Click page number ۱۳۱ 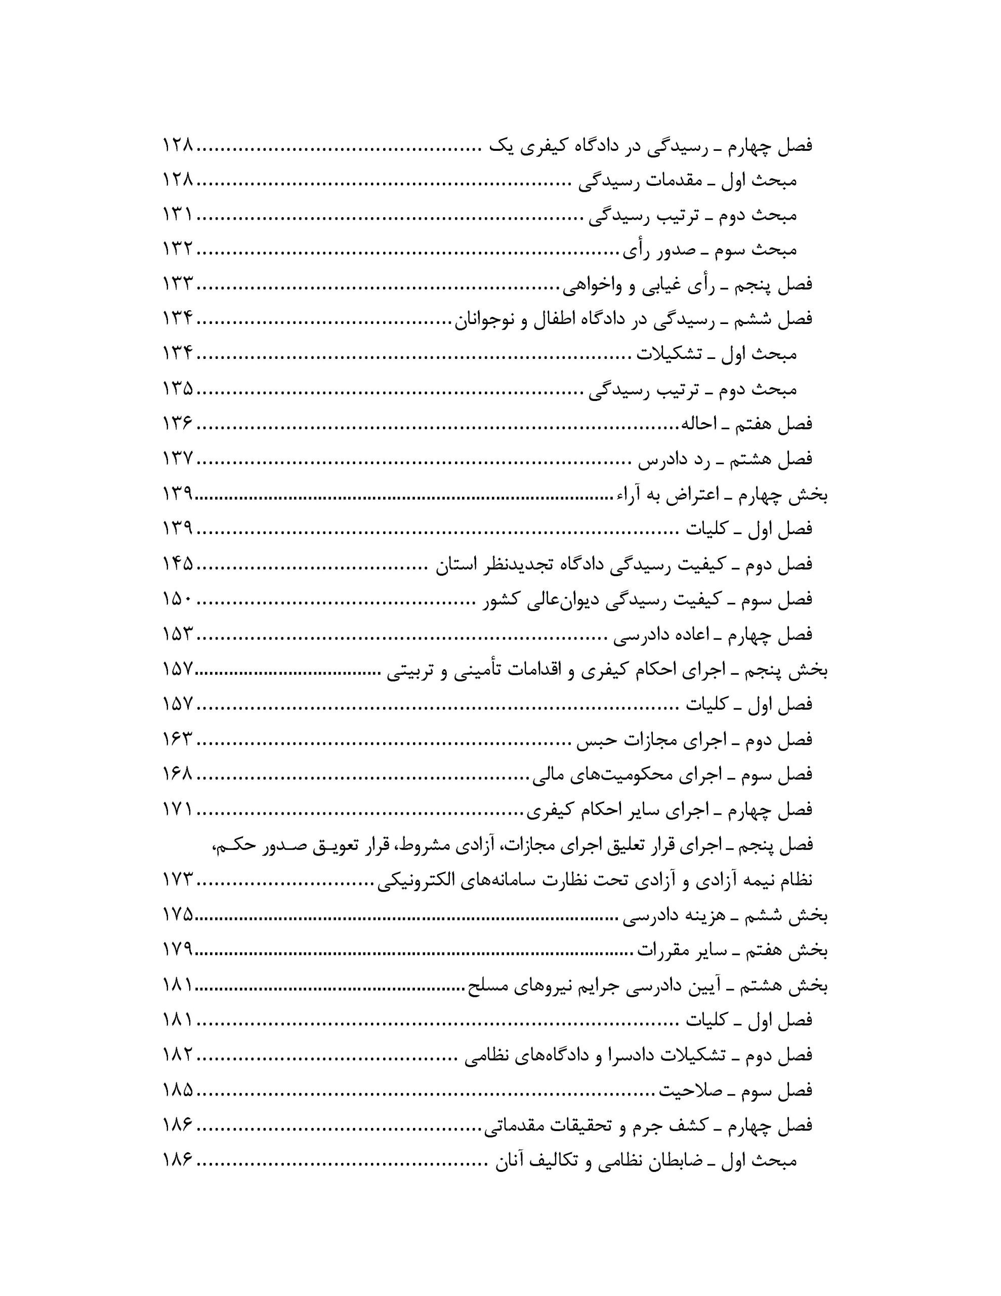pos(177,215)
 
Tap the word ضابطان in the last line pos(677,1161)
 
